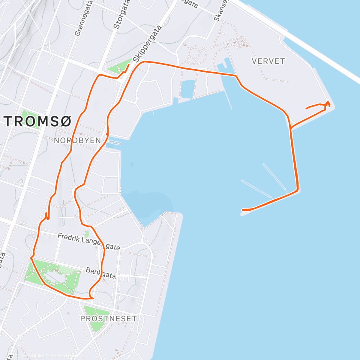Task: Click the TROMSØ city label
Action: point(38,121)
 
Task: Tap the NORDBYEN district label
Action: point(77,140)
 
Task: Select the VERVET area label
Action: point(268,61)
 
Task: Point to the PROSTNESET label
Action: point(109,319)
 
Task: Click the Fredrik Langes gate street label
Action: point(89,242)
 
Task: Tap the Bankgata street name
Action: point(101,273)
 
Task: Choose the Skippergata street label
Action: point(148,44)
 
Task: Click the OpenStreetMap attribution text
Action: point(62,356)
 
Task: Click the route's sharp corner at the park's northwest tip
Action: point(31,257)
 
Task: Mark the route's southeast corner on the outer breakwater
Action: point(297,190)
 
